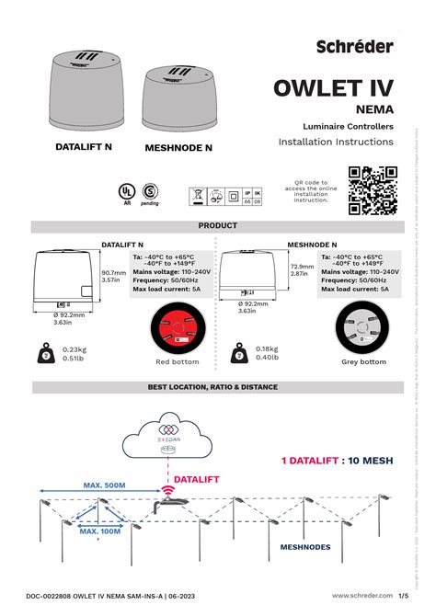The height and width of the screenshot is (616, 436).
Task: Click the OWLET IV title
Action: pos(333,88)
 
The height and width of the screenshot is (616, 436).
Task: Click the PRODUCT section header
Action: pos(217,225)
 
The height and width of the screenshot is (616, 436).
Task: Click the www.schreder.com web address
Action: pos(358,596)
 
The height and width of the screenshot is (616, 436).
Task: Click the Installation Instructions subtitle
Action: pos(336,143)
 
